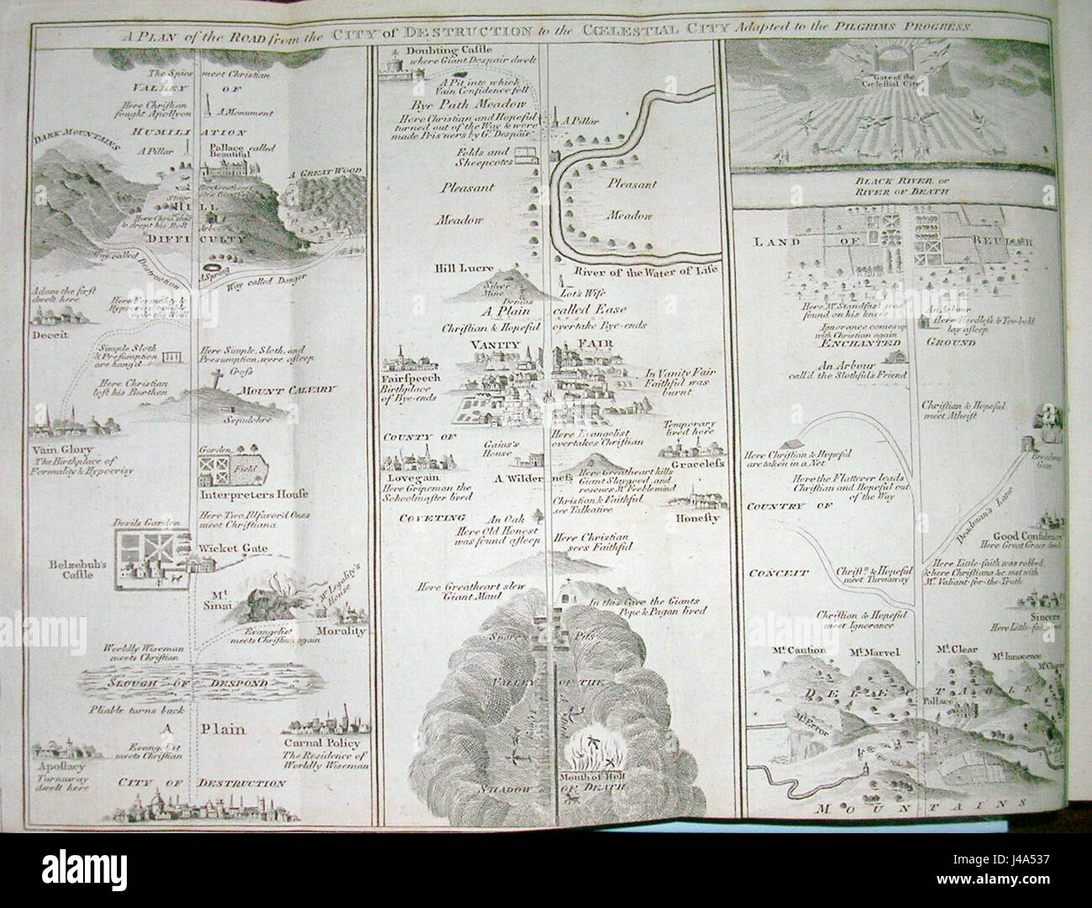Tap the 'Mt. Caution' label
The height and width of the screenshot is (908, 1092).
793,650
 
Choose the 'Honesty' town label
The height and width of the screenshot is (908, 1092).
697,519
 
